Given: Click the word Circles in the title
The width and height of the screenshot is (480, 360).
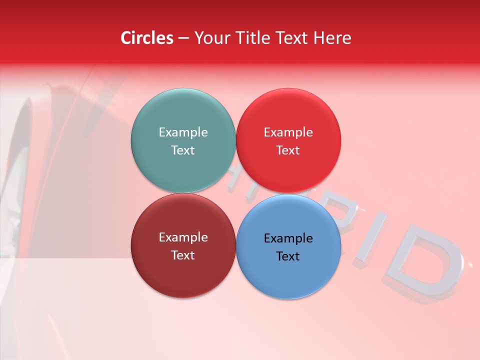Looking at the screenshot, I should pyautogui.click(x=146, y=38).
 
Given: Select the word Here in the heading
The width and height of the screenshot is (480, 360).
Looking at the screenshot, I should pyautogui.click(x=332, y=38).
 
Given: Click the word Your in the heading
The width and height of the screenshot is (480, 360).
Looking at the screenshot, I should pyautogui.click(x=209, y=38).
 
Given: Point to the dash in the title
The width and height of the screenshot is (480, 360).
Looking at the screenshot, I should pyautogui.click(x=183, y=38).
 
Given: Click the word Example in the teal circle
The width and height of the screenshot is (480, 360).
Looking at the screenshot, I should pyautogui.click(x=183, y=132).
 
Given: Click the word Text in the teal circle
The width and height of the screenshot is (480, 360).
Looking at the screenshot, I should pyautogui.click(x=183, y=150).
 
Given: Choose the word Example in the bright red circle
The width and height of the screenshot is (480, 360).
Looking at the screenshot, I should pyautogui.click(x=288, y=132).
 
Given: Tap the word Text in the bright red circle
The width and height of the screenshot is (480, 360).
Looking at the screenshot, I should pyautogui.click(x=288, y=150).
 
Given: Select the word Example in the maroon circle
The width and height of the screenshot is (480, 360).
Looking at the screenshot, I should pyautogui.click(x=183, y=237).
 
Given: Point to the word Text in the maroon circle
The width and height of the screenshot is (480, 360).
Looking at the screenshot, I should pyautogui.click(x=183, y=255).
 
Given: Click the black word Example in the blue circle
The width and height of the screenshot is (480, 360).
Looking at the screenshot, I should pyautogui.click(x=288, y=238).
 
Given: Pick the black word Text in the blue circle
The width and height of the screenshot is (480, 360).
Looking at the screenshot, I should pyautogui.click(x=288, y=256).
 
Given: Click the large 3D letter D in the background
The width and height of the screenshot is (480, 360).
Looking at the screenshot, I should pyautogui.click(x=425, y=262).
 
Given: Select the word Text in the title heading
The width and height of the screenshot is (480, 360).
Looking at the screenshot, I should pyautogui.click(x=291, y=38).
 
